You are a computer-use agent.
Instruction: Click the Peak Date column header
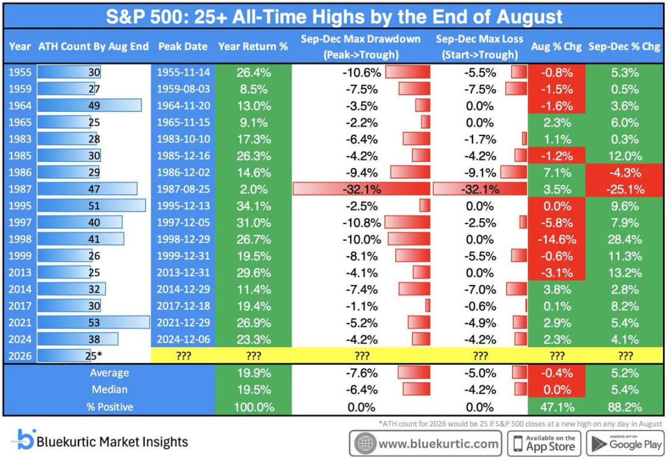(182, 46)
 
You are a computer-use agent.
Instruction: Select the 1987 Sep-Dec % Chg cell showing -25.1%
(625, 189)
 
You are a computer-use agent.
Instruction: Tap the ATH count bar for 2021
(93, 323)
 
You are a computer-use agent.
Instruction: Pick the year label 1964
(20, 106)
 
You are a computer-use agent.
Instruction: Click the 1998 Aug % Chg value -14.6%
(557, 239)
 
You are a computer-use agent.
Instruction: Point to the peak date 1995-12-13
(183, 206)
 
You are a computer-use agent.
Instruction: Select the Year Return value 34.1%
(254, 206)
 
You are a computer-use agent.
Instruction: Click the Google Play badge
(625, 444)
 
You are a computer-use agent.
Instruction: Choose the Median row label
(109, 390)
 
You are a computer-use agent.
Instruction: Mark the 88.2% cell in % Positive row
(625, 407)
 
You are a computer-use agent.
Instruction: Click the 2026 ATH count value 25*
(94, 356)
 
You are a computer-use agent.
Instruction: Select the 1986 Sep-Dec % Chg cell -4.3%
(625, 173)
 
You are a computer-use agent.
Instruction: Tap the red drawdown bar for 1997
(407, 223)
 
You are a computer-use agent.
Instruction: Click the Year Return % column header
(253, 46)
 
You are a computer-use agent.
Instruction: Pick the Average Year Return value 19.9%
(254, 373)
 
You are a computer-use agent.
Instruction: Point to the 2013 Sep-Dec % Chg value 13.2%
(625, 273)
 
